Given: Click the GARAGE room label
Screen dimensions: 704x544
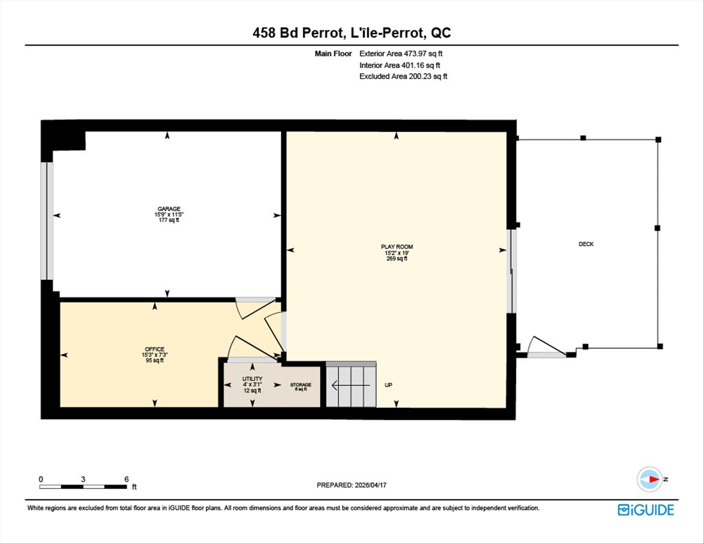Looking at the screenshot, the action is pyautogui.click(x=169, y=209).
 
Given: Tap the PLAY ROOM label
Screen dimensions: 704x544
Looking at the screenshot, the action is pyautogui.click(x=397, y=247).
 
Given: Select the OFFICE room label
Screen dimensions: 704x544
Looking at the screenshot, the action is pyautogui.click(x=154, y=349).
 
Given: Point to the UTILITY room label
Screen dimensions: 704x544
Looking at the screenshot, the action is pyautogui.click(x=252, y=379).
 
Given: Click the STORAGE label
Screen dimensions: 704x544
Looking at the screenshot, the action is pyautogui.click(x=301, y=385).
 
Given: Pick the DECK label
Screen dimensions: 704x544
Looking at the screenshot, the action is pyautogui.click(x=586, y=244).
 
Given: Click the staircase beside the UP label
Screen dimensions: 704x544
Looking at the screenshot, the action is pyautogui.click(x=351, y=384).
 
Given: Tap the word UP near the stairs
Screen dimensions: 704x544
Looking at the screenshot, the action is pyautogui.click(x=388, y=385).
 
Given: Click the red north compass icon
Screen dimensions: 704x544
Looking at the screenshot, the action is pyautogui.click(x=649, y=479).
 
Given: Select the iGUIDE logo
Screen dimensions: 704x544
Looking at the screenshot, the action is pyautogui.click(x=646, y=510).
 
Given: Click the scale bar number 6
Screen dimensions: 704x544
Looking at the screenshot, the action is pyautogui.click(x=126, y=479).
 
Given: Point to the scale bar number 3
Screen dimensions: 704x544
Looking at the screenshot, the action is pyautogui.click(x=83, y=479).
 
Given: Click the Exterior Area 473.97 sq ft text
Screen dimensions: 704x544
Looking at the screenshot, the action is pyautogui.click(x=401, y=54).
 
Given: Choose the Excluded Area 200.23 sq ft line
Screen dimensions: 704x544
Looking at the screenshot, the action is pyautogui.click(x=403, y=76).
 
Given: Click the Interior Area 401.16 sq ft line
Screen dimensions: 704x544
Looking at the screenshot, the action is pyautogui.click(x=400, y=65).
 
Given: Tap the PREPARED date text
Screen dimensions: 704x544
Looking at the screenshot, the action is pyautogui.click(x=352, y=485).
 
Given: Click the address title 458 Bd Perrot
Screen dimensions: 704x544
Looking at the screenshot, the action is pyautogui.click(x=297, y=33).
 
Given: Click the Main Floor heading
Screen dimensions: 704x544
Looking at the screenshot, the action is pyautogui.click(x=333, y=54).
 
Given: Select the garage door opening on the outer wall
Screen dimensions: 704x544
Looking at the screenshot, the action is pyautogui.click(x=47, y=221).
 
